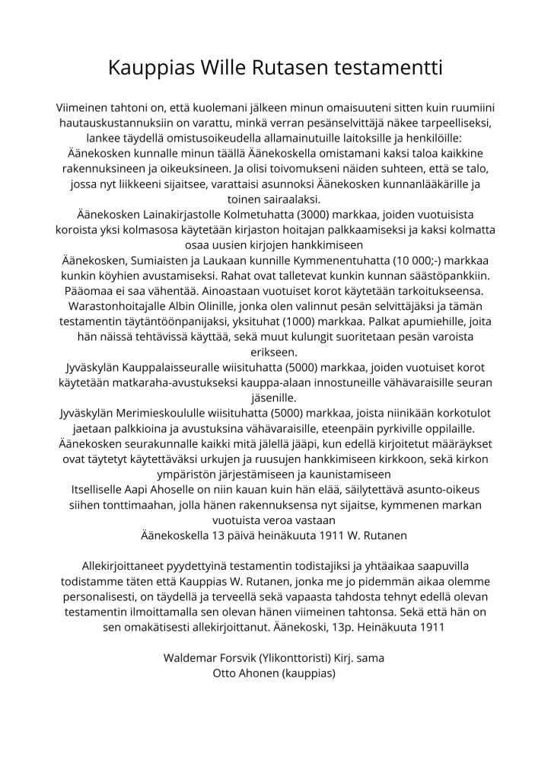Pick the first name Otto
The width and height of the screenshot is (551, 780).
tap(229, 672)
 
